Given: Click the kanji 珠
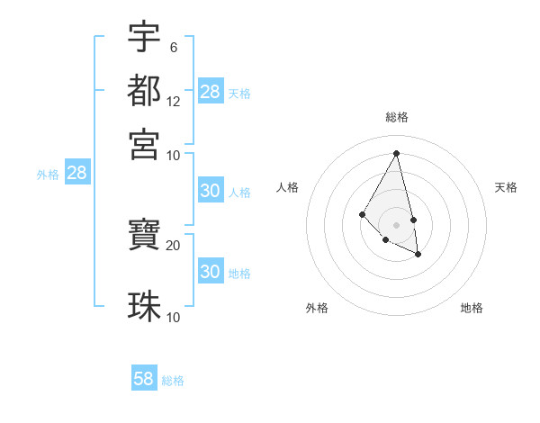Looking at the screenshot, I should click(145, 306).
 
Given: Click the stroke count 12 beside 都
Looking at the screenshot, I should click(174, 102).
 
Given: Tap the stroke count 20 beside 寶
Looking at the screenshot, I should click(174, 245).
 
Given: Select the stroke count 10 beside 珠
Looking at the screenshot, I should click(174, 317).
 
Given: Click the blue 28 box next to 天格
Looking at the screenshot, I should click(211, 92).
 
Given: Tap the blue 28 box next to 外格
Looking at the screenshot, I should click(76, 173).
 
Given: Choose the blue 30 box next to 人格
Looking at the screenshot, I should click(211, 191).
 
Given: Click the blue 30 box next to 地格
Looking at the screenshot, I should click(211, 272).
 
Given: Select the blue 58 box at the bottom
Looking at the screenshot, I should click(144, 379).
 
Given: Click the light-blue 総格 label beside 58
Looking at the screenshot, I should click(173, 381).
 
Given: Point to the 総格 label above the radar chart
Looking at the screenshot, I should click(396, 117).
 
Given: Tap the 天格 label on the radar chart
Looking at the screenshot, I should click(506, 187).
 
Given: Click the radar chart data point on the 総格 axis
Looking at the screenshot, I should click(396, 152).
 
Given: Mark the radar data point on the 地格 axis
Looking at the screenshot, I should click(418, 255).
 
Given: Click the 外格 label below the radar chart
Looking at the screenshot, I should click(317, 308).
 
